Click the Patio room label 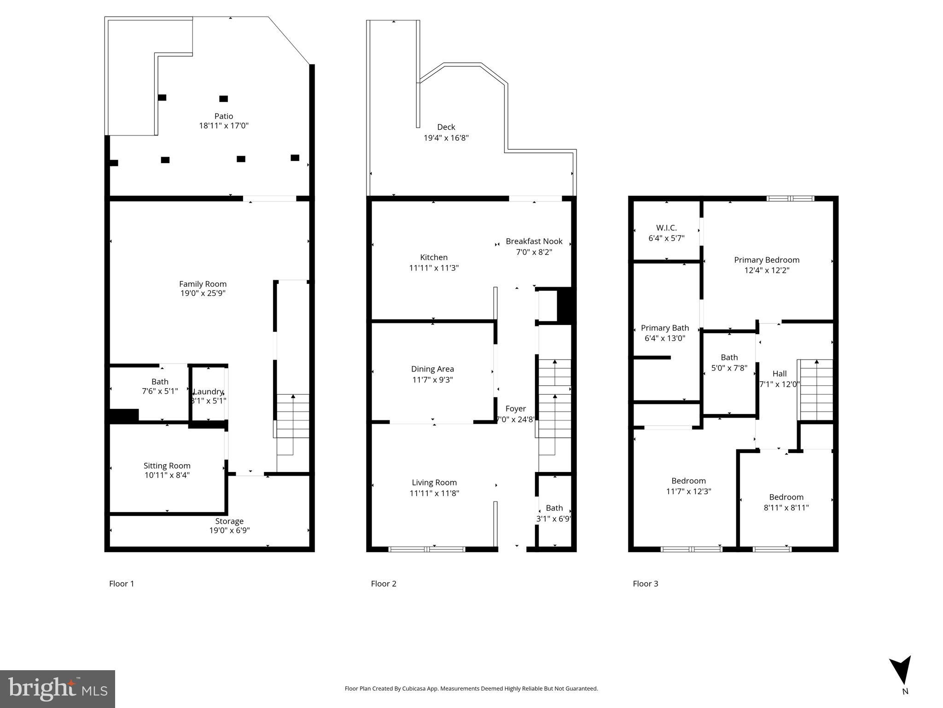click(x=223, y=116)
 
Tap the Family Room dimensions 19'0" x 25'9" click(x=203, y=293)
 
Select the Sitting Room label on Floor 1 click(x=167, y=466)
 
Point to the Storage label click(x=229, y=521)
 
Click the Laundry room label click(x=208, y=391)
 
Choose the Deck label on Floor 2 click(x=446, y=127)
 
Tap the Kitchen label click(x=433, y=257)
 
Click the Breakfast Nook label click(x=534, y=241)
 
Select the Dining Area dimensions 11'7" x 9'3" click(x=432, y=380)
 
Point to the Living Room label click(x=434, y=483)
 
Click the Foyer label click(x=515, y=408)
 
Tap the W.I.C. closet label click(x=666, y=228)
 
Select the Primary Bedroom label click(x=766, y=260)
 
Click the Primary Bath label click(x=664, y=328)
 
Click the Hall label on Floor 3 click(x=779, y=373)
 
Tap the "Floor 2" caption click(x=383, y=584)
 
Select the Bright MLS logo click(x=58, y=689)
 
